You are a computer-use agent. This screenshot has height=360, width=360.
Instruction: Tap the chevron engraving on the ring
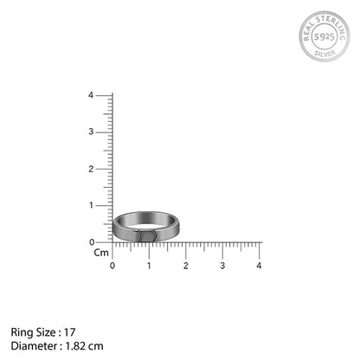pos(150,235)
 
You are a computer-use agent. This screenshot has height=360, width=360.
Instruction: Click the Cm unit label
pos(100,253)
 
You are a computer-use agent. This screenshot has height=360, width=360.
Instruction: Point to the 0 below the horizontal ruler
pos(112,265)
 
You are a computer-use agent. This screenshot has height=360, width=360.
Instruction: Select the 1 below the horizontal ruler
pos(149,265)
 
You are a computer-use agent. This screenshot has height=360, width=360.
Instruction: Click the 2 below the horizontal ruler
pos(186,265)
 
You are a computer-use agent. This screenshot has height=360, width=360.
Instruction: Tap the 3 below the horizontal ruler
pos(222,265)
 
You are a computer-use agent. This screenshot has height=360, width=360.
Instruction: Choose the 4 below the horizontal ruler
pos(259,265)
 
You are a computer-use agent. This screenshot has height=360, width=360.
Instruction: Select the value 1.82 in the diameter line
pos(74,346)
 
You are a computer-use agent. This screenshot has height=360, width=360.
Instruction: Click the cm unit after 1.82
pos(97,346)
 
